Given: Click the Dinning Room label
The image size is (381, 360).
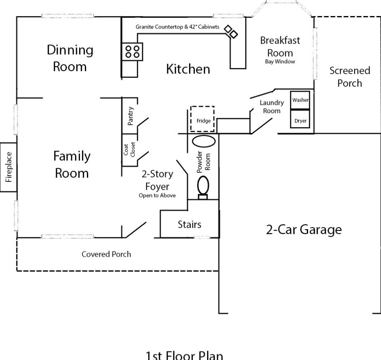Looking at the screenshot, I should pyautogui.click(x=70, y=58).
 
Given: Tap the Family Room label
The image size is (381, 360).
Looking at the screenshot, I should pyautogui.click(x=72, y=164).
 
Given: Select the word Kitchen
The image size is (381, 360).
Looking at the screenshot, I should pyautogui.click(x=188, y=69).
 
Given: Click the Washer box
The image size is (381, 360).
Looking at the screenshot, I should pyautogui.click(x=300, y=100).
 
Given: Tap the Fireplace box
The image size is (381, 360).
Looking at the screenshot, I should pyautogui.click(x=8, y=167).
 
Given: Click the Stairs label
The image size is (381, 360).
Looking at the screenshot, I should pyautogui.click(x=189, y=224).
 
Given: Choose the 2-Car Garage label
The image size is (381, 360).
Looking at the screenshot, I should pyautogui.click(x=304, y=230).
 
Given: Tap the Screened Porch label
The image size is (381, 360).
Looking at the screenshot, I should pyautogui.click(x=350, y=77).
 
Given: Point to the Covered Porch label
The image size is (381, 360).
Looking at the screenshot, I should pyautogui.click(x=106, y=254).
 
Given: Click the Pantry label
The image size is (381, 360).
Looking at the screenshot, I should pyautogui.click(x=130, y=116).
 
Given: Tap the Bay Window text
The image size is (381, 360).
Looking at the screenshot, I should pyautogui.click(x=280, y=62).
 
